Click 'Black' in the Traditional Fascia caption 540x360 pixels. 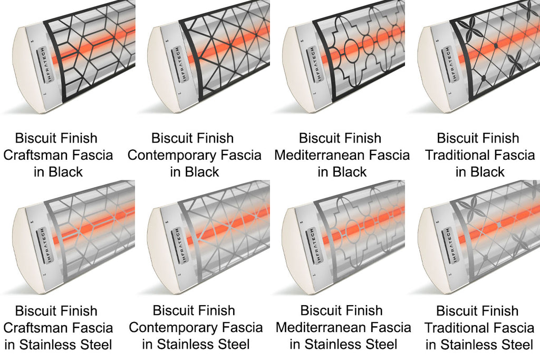click(488, 172)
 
